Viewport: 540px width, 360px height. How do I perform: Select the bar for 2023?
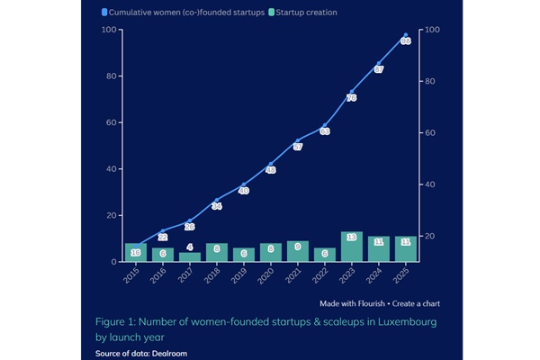tap(351, 247)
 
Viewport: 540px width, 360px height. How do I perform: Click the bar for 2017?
tap(190, 256)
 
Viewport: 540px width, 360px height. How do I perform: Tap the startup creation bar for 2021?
tap(298, 251)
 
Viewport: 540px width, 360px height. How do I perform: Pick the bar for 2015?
tap(136, 252)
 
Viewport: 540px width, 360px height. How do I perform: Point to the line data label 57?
tap(298, 147)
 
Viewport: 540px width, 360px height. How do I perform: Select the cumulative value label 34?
tap(217, 206)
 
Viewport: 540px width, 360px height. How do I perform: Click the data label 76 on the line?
tap(351, 97)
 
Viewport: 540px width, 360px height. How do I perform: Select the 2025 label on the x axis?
tap(406, 276)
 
